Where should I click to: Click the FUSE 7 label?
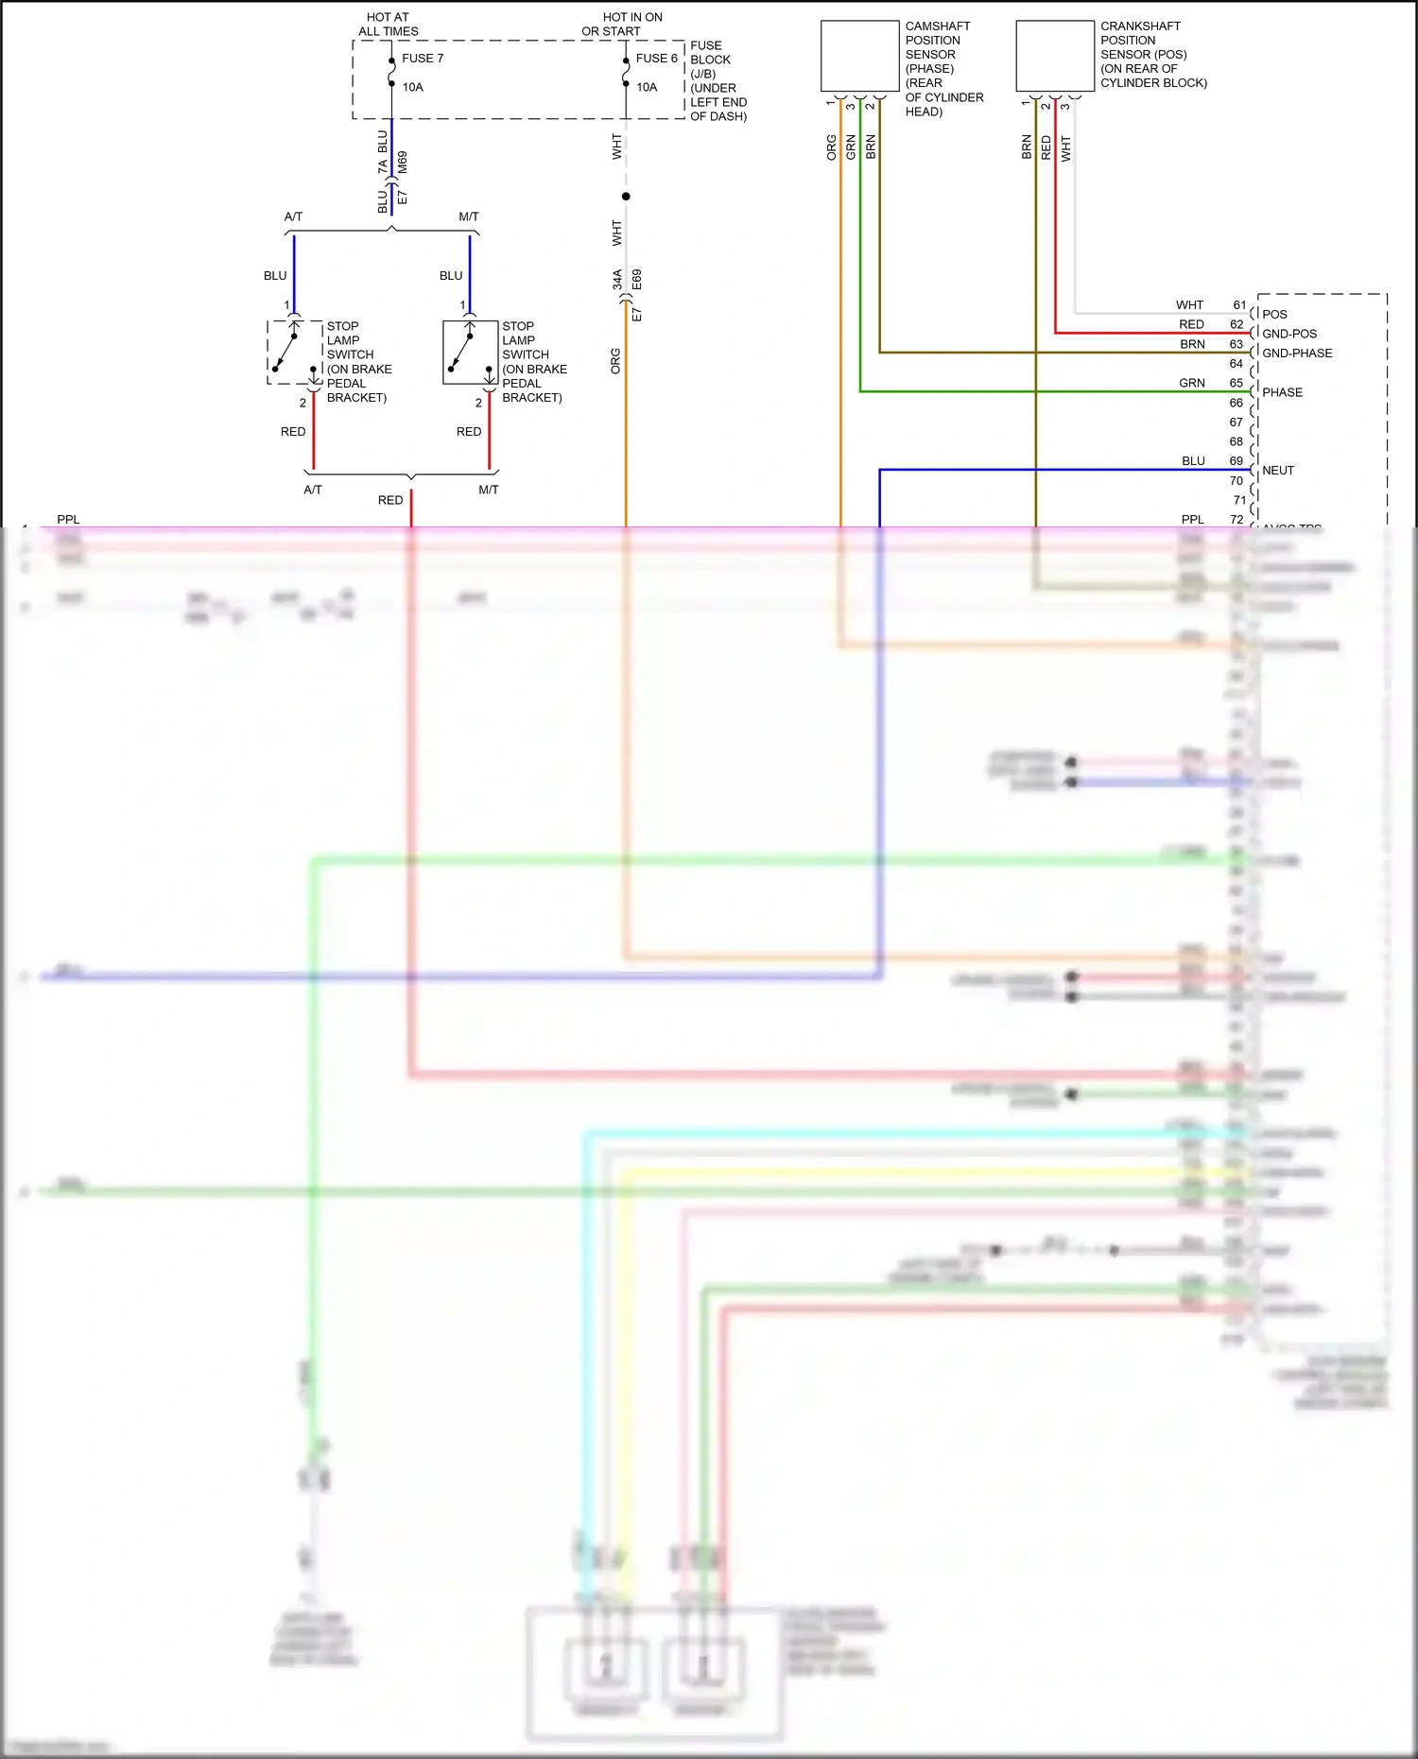422,59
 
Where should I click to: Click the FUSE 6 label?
656,59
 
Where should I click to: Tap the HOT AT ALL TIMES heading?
388,25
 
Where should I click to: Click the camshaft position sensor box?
859,56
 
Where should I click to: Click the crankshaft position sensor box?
1054,56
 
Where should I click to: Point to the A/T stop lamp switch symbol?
294,353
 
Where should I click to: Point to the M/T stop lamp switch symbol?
470,353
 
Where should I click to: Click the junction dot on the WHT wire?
626,197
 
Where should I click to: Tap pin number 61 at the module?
1239,305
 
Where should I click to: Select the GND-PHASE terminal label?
1297,354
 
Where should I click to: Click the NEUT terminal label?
1278,471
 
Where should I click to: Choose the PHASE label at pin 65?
1282,392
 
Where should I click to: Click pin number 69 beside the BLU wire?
1236,461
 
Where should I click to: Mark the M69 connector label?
403,162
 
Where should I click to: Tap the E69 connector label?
637,280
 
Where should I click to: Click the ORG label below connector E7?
615,361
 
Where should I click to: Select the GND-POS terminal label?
1289,334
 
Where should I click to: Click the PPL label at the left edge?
68,520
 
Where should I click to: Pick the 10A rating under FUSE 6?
647,88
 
